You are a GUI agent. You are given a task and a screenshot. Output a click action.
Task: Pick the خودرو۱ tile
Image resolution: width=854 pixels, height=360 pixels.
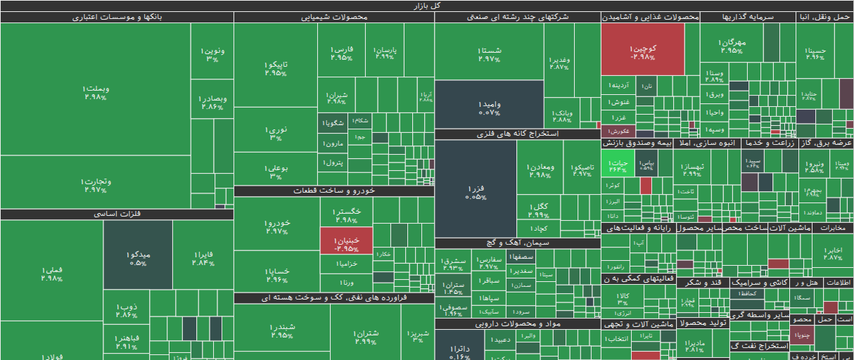click(276, 224)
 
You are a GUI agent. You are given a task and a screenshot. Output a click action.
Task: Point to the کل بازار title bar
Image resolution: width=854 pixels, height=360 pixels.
click(427, 6)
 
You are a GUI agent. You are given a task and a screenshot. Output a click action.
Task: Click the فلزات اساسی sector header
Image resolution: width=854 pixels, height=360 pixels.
click(117, 214)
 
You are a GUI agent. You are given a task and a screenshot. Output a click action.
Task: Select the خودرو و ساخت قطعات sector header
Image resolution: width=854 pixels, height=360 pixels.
click(333, 191)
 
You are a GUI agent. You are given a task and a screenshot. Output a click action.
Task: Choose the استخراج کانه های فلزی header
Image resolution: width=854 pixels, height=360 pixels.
click(517, 134)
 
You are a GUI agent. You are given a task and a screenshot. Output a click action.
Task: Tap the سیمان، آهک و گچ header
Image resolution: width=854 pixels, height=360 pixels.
click(517, 243)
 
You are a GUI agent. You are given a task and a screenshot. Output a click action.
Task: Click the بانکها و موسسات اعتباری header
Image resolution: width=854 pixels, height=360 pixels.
click(117, 17)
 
